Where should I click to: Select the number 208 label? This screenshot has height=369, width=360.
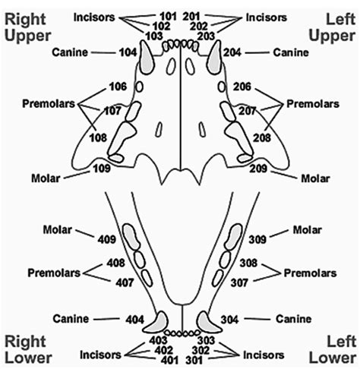[261, 139]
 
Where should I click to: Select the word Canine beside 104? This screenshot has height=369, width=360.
[71, 52]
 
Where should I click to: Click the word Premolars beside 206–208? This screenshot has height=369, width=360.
[309, 102]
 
